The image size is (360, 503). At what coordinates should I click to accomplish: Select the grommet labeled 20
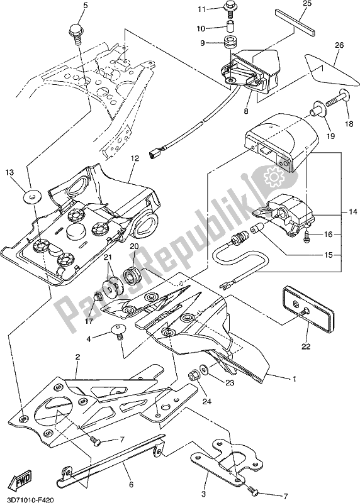click(x=133, y=276)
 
